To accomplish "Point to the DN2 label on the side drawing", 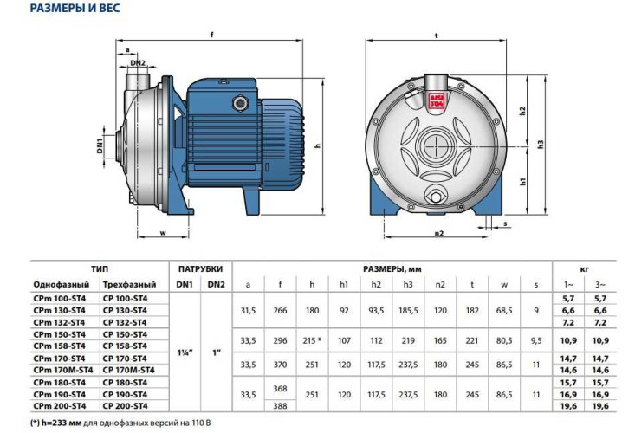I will coord(138,62).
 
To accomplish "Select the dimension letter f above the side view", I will coord(211,35).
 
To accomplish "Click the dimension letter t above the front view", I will coord(437,35).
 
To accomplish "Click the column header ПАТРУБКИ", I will coord(200,269).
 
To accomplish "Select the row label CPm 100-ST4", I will coord(59,298).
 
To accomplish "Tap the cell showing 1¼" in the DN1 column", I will coord(185,352).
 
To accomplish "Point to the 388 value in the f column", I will coord(280,405).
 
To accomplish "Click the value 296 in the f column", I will coord(280,339).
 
